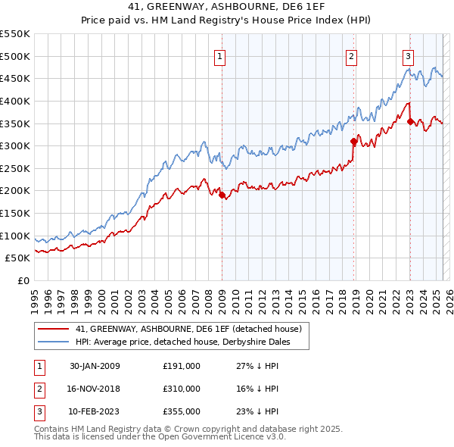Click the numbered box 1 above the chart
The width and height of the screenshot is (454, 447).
click(219, 55)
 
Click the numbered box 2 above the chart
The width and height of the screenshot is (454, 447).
click(353, 55)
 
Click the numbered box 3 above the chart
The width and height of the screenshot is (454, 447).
click(408, 55)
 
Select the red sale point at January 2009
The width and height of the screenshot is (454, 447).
click(222, 195)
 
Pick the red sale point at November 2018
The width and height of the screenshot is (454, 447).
click(353, 141)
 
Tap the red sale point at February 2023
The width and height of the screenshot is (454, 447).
click(410, 121)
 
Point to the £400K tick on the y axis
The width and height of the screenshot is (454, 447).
click(15, 101)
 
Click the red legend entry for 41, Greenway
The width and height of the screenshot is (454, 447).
click(188, 329)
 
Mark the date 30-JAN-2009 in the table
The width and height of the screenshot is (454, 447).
click(94, 366)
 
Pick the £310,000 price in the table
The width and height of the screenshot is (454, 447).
click(182, 389)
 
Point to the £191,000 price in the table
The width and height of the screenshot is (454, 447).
click(182, 366)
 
